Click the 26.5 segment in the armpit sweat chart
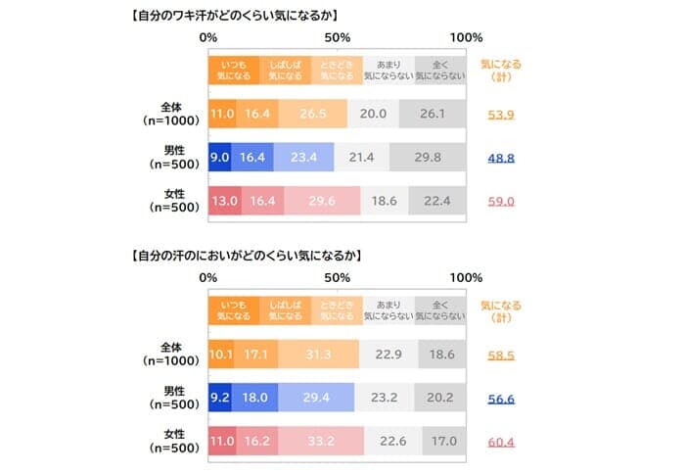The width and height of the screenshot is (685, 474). point(313,114)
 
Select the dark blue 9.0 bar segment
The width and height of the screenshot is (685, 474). point(219,157)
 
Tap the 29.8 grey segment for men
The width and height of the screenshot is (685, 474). point(428,157)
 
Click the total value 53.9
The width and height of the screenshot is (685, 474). point(501,114)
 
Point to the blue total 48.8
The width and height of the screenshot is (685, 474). point(501,157)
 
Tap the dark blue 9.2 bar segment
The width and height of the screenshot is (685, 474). point(219,398)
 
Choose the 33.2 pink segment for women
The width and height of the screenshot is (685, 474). point(322,441)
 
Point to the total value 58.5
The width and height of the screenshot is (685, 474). point(501,355)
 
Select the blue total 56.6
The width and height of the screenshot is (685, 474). point(501,398)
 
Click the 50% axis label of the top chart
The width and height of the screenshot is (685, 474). point(338,37)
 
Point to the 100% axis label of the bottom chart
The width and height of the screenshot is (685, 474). point(466,278)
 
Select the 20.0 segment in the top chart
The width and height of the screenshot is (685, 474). point(373,114)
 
